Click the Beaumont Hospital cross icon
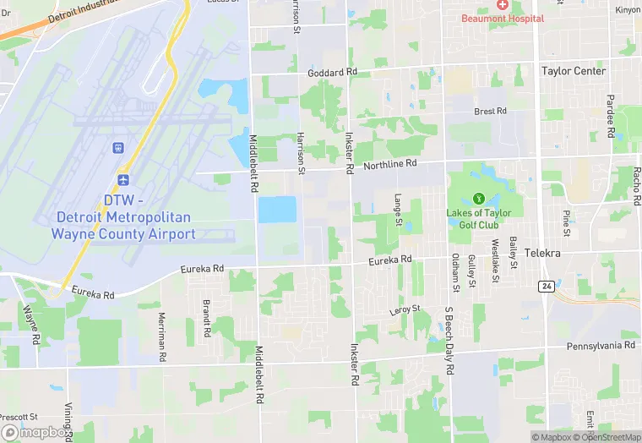[503, 6]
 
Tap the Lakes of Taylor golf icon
[478, 199]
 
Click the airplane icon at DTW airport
[123, 180]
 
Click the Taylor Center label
[574, 72]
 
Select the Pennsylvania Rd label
[601, 346]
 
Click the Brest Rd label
[490, 111]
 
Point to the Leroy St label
[405, 310]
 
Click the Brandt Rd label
[205, 318]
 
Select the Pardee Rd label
[610, 118]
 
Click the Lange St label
[398, 210]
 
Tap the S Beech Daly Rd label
[449, 341]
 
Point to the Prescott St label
[19, 417]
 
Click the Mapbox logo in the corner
[36, 432]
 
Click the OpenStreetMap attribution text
[607, 437]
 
